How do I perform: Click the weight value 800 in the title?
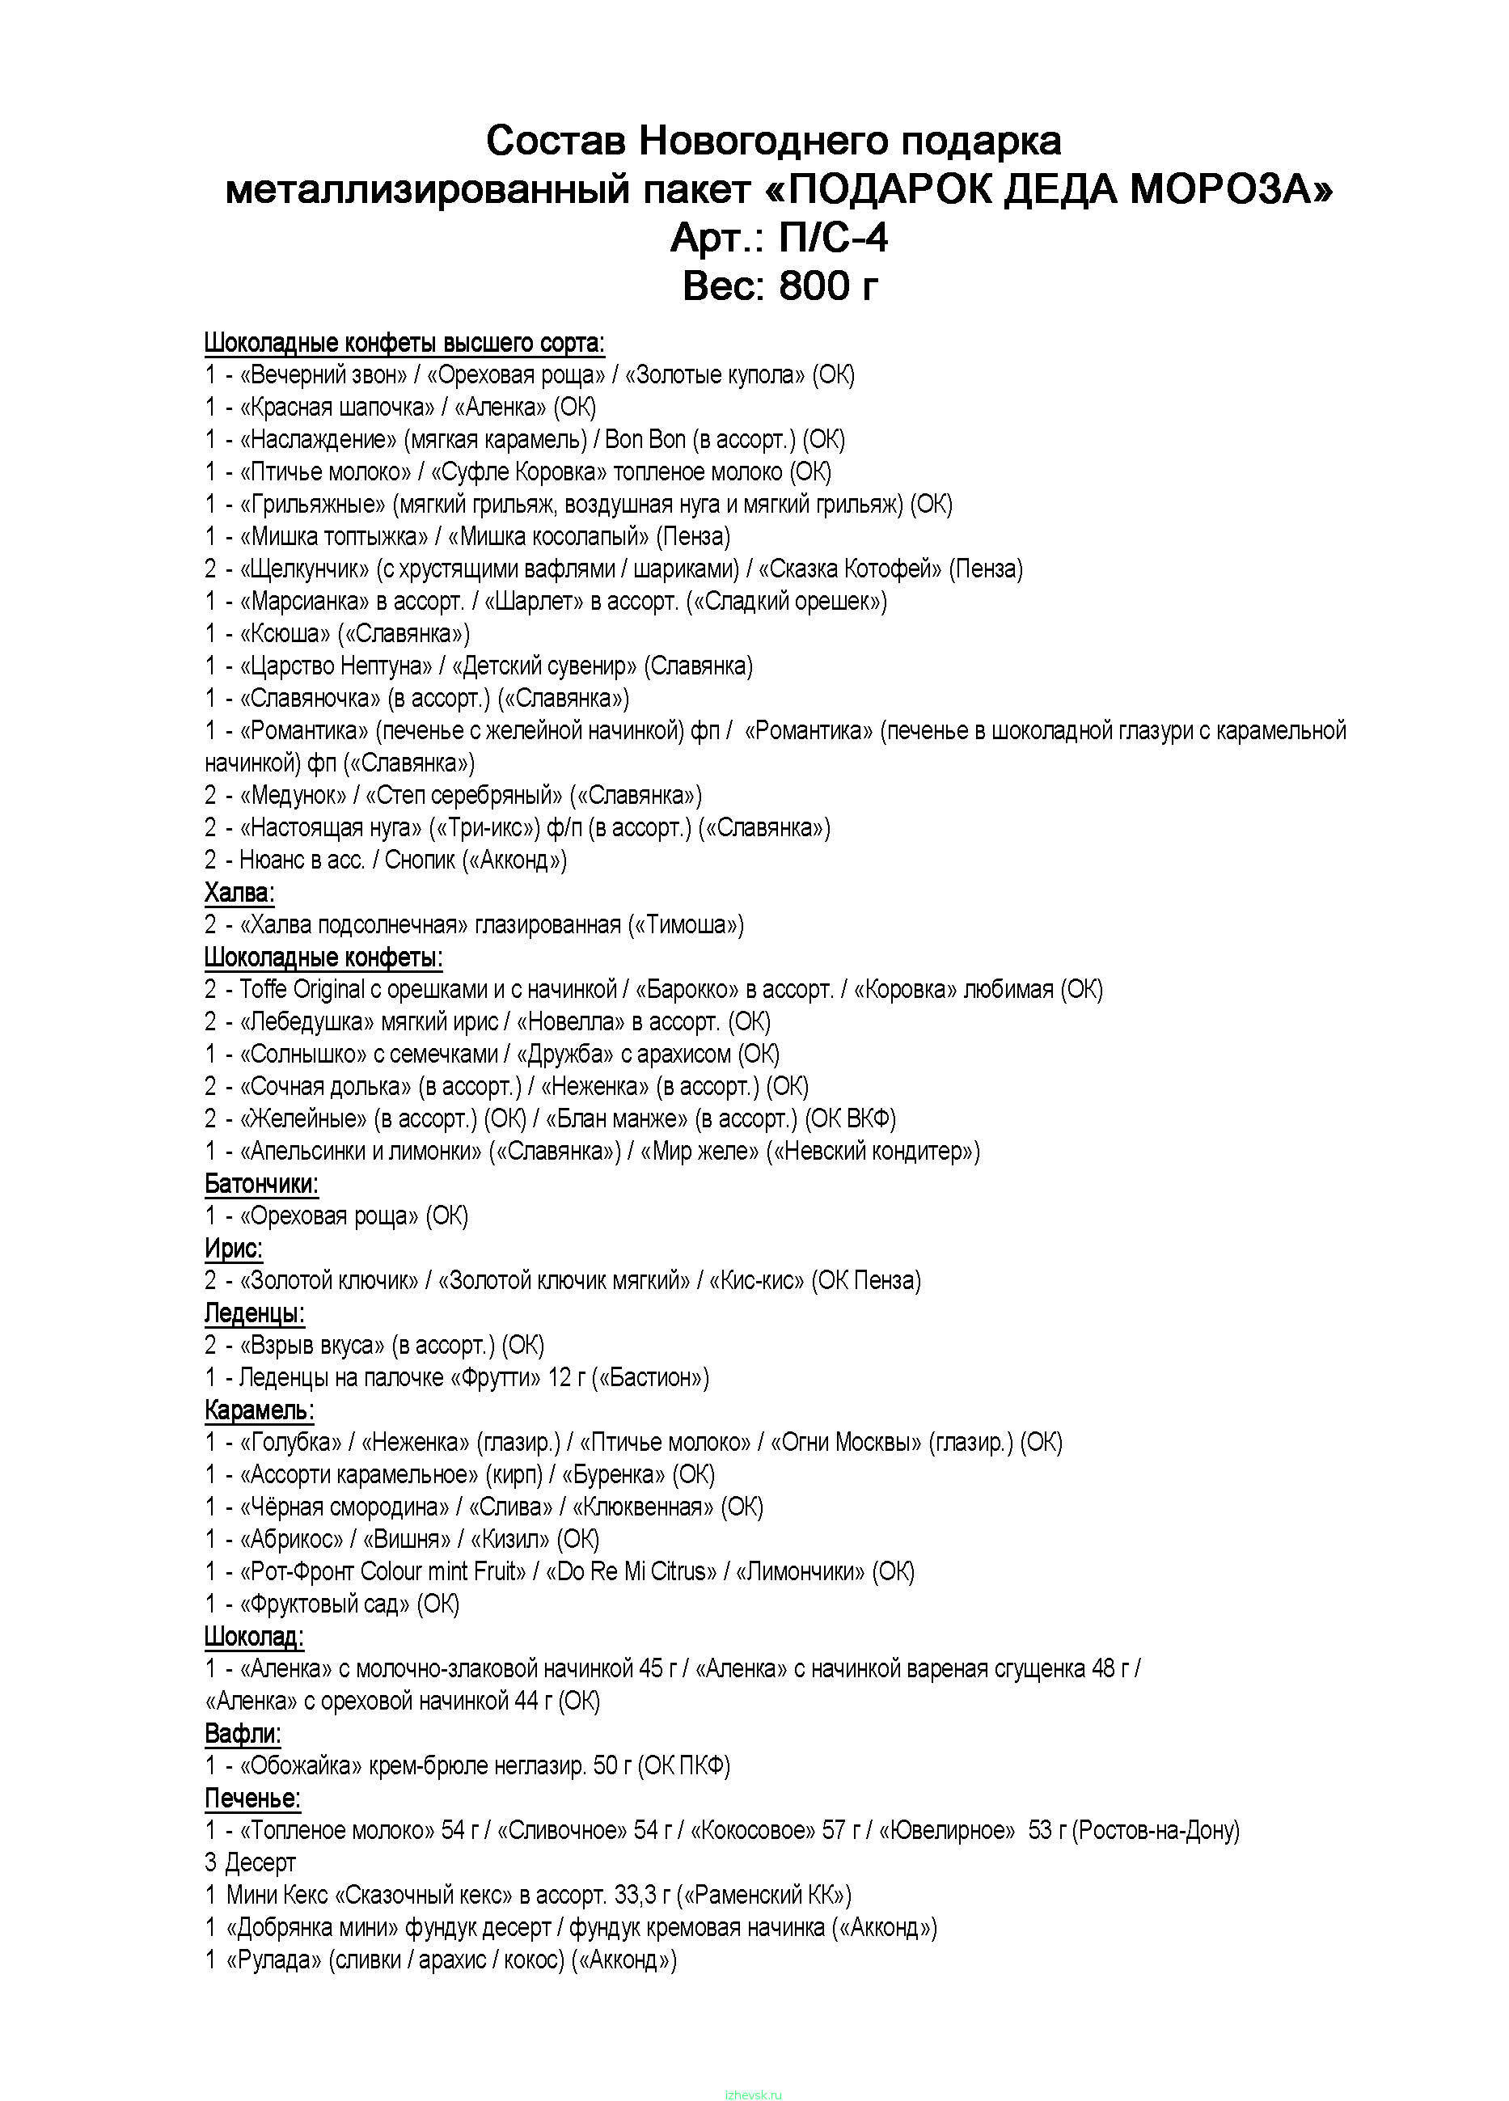coord(814,285)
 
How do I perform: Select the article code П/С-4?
coord(832,238)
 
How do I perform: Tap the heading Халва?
coord(239,893)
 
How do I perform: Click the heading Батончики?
coord(261,1184)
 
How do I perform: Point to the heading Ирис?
coord(234,1249)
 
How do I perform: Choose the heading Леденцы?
coord(254,1313)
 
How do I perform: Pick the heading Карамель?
coord(259,1411)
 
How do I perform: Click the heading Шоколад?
coord(254,1637)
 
